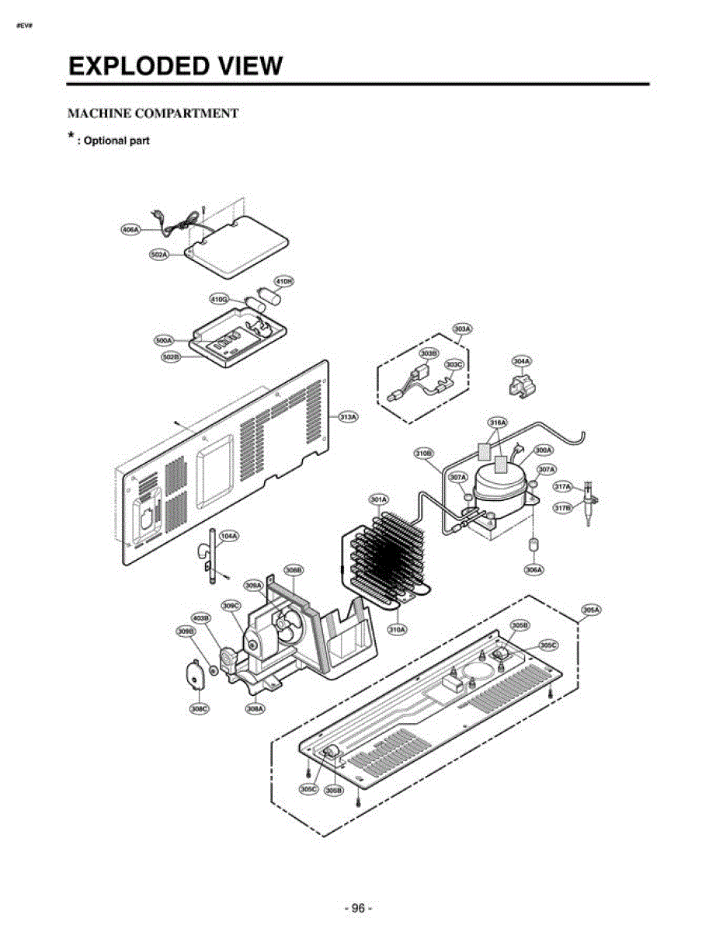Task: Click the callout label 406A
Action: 130,230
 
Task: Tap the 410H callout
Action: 284,280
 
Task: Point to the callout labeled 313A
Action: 349,417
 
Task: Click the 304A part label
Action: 522,361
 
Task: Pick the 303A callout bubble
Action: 462,329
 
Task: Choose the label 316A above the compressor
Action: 498,423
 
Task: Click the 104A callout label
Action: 228,536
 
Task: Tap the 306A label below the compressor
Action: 534,569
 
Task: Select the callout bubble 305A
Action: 591,610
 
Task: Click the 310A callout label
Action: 397,629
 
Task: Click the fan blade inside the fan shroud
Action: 283,626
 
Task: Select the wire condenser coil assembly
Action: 384,555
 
